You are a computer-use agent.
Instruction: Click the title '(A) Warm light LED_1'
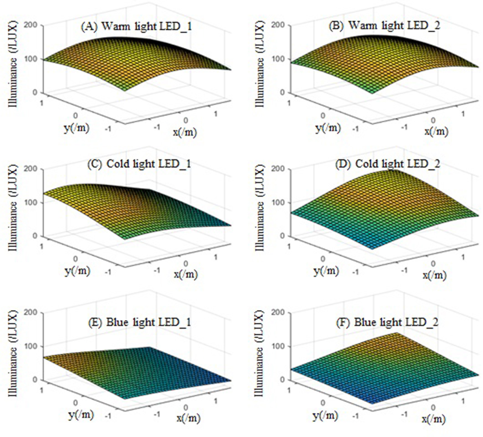136,26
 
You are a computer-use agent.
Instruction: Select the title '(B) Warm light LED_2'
384,25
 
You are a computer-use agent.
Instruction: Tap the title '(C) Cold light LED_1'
139,164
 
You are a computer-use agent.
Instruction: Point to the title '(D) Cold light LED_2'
387,164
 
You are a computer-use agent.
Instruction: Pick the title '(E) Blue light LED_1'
139,322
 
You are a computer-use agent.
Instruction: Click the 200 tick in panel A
30,25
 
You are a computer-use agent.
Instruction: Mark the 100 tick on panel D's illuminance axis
278,202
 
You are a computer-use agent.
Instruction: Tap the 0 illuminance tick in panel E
35,380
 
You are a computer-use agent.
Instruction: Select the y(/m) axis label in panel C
77,271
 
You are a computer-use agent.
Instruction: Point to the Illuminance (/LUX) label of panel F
259,353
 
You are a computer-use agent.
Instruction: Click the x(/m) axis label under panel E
188,418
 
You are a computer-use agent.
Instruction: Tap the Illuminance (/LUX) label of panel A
12,64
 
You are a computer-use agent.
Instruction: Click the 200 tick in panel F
278,312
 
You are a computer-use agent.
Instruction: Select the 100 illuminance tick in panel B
278,59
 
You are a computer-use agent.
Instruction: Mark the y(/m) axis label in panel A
76,128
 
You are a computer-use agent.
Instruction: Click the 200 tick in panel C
30,169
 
